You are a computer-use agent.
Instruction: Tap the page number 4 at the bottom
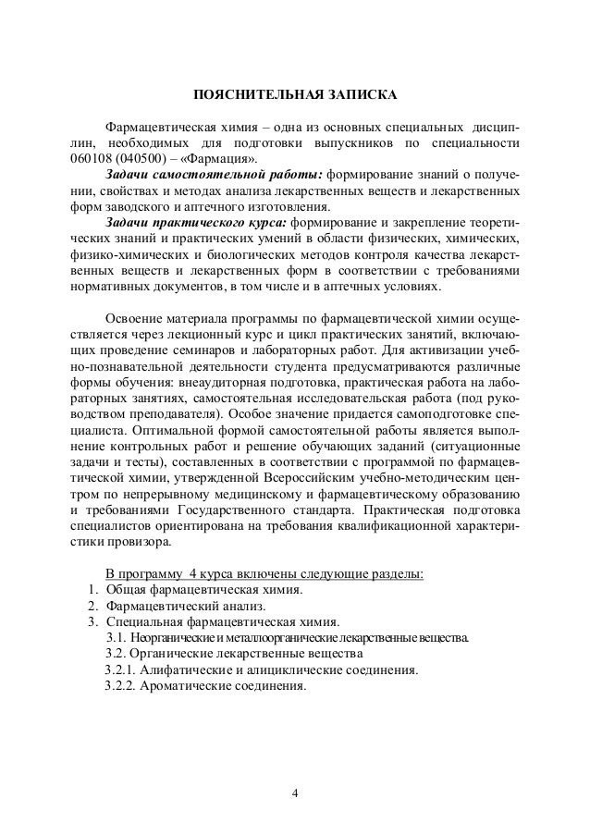click(x=295, y=792)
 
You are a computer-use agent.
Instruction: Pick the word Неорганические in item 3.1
click(x=169, y=638)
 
